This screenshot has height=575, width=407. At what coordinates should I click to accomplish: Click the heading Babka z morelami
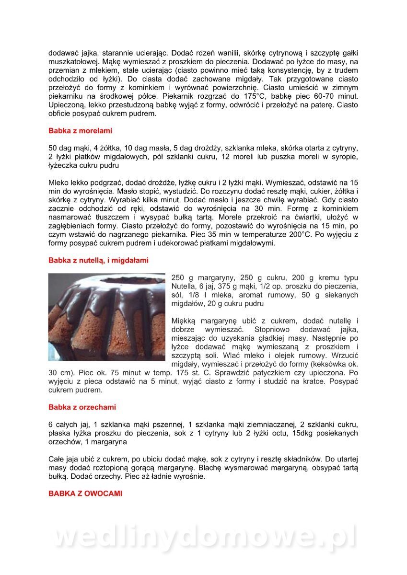click(80, 130)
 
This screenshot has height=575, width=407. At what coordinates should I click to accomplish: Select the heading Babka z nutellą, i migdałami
click(98, 260)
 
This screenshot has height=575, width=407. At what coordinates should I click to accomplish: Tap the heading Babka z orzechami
click(82, 407)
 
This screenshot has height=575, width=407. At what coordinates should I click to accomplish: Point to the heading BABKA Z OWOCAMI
click(85, 493)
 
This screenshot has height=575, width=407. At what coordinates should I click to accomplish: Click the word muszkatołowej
click(74, 61)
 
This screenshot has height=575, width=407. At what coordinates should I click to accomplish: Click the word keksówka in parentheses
click(326, 364)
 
